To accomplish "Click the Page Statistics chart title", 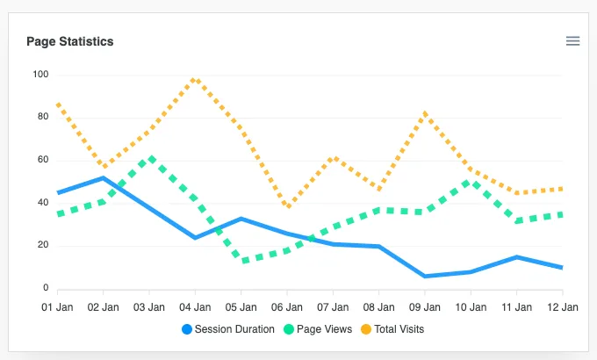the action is (x=70, y=41).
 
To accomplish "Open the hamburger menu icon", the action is (x=572, y=40).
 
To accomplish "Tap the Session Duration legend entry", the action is (x=228, y=329).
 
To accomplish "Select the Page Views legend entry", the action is (x=318, y=329).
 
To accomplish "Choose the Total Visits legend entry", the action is (x=392, y=329).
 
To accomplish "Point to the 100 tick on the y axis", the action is (x=40, y=75).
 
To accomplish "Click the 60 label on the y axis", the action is (x=43, y=160).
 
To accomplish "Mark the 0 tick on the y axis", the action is (x=46, y=288).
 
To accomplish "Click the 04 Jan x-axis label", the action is (x=195, y=307).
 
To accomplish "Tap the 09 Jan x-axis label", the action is (x=425, y=307).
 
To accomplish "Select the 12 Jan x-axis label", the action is (x=563, y=307).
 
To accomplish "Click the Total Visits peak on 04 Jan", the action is (x=195, y=80).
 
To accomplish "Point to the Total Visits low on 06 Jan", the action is (x=288, y=206).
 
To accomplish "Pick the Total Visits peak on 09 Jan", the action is (x=425, y=113).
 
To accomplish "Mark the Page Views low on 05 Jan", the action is (x=244, y=261).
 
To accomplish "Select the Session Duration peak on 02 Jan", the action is (x=104, y=178).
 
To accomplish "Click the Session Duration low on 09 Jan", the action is (x=425, y=276).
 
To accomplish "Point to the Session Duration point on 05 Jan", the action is (x=241, y=219).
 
